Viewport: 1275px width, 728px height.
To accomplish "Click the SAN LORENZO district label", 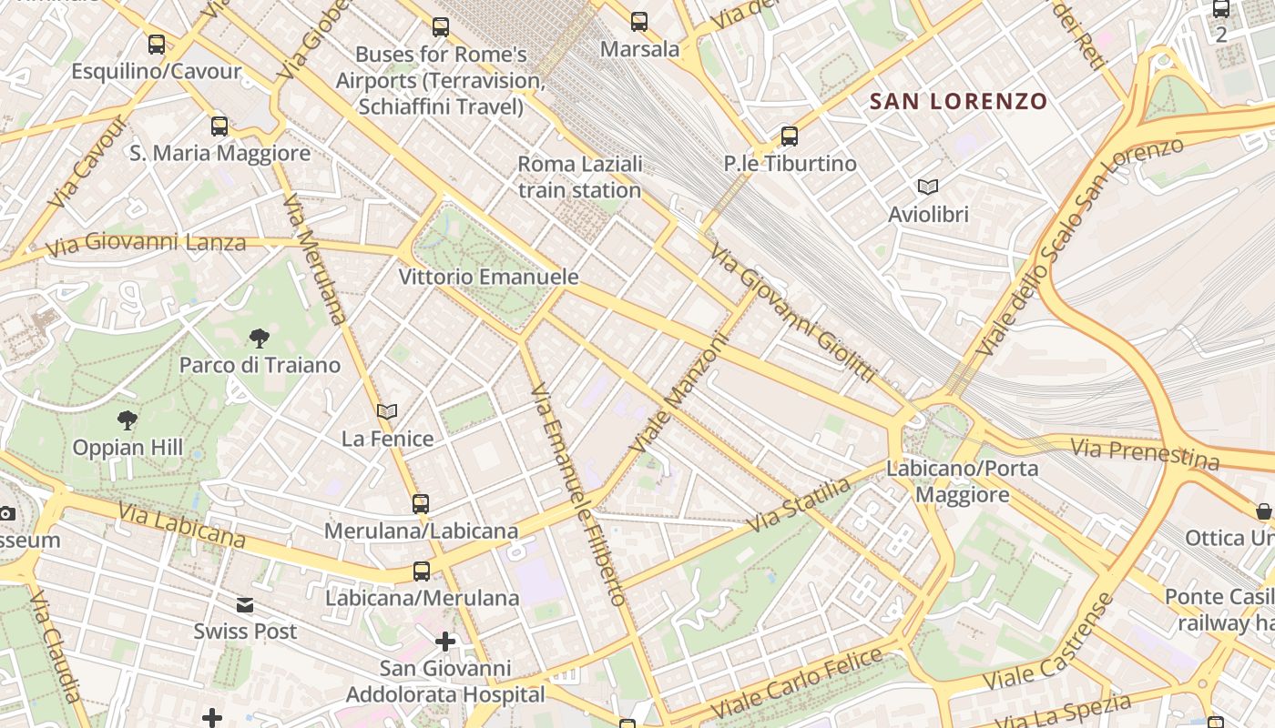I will click(x=958, y=101).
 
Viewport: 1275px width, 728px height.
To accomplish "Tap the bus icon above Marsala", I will click(x=639, y=22).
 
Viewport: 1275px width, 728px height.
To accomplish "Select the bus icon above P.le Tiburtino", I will click(x=790, y=136).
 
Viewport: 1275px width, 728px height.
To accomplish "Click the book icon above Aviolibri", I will click(x=928, y=187).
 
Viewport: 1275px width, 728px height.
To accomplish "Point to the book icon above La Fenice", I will click(x=387, y=411).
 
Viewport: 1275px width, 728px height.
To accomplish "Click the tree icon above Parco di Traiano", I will click(x=260, y=339).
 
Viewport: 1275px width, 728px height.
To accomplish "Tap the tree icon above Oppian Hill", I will click(x=127, y=420).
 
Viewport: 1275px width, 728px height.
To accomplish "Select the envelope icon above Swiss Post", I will click(x=245, y=605).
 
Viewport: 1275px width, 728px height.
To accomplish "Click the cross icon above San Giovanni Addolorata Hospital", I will click(x=444, y=642).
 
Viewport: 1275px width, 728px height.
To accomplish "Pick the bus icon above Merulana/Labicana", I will click(x=421, y=503).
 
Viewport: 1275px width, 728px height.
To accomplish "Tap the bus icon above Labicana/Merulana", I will click(x=421, y=571).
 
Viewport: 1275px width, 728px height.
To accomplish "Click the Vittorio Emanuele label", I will click(x=489, y=277).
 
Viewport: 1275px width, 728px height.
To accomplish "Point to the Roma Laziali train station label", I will click(x=580, y=177).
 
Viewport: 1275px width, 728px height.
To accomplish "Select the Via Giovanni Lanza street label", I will click(x=146, y=244).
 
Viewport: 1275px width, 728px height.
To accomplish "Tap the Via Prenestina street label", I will click(x=1144, y=453).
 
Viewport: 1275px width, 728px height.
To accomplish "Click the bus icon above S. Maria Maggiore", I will click(x=219, y=126).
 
